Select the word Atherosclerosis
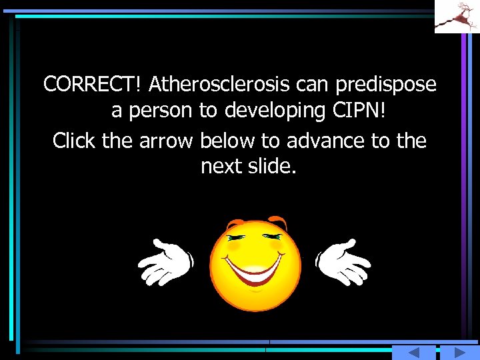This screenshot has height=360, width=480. (219, 85)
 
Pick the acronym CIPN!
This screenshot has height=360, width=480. (361, 111)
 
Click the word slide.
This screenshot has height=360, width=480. (272, 167)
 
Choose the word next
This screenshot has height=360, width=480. (223, 167)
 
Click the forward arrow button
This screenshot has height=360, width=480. (453, 353)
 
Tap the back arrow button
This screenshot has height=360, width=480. (413, 353)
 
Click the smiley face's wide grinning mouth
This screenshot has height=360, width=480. (255, 270)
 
